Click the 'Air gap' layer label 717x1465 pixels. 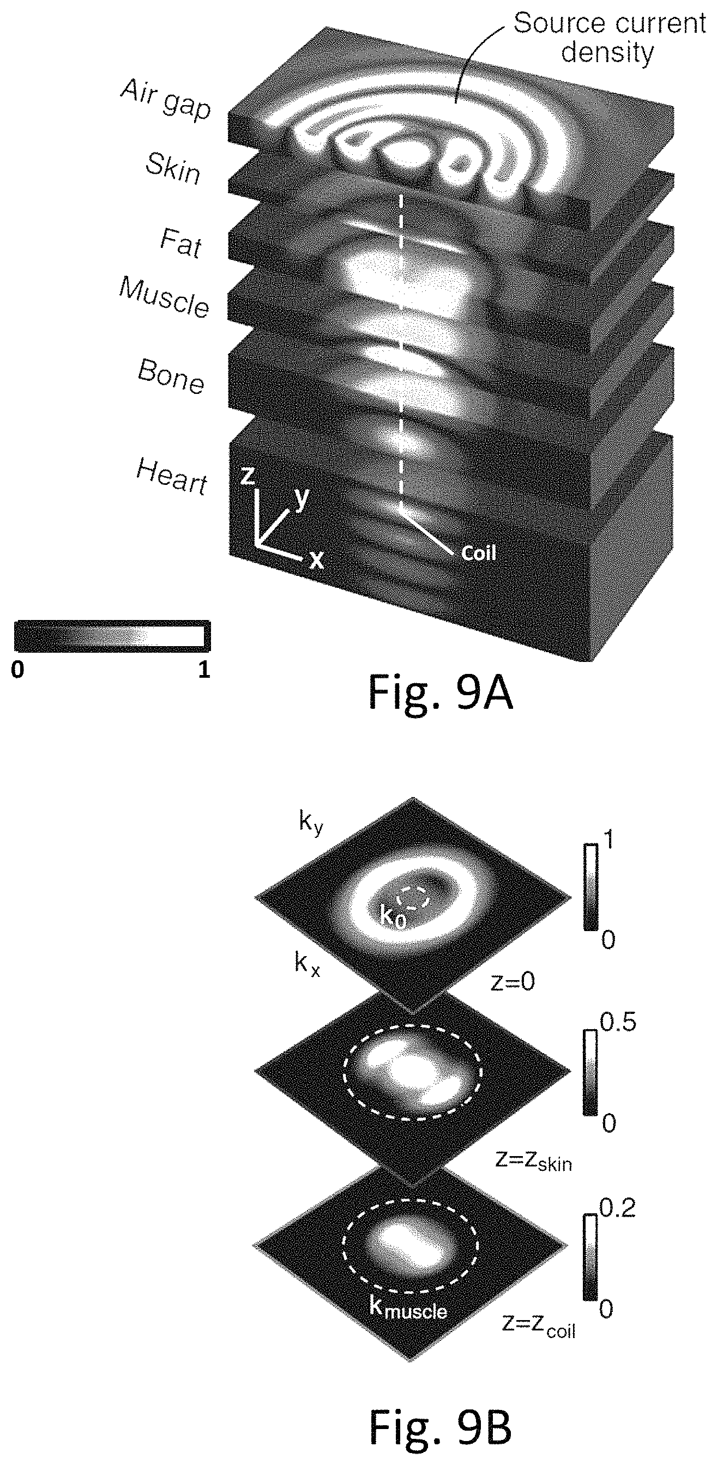pos(166,99)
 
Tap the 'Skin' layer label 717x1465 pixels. pos(173,168)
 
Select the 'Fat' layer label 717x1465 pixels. pos(181,242)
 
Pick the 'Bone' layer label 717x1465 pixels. pos(171,375)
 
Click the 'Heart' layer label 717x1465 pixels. pos(172,476)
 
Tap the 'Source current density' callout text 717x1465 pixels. pos(609,38)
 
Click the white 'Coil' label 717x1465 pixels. pos(479,552)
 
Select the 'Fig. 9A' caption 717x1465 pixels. pos(441,692)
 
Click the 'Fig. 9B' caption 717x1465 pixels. pos(441,1426)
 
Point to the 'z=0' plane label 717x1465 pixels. pos(513,982)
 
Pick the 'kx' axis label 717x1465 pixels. pos(308,963)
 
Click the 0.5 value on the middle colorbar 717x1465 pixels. pos(618,1022)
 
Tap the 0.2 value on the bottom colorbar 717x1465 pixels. pos(618,1207)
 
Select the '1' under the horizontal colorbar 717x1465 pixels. pos(204,670)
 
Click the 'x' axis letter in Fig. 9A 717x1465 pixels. pos(316,560)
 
